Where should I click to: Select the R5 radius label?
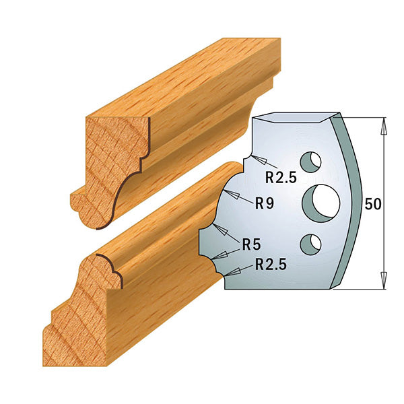click(253, 243)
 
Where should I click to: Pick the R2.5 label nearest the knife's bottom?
click(271, 267)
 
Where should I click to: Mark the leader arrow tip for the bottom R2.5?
click(228, 273)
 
